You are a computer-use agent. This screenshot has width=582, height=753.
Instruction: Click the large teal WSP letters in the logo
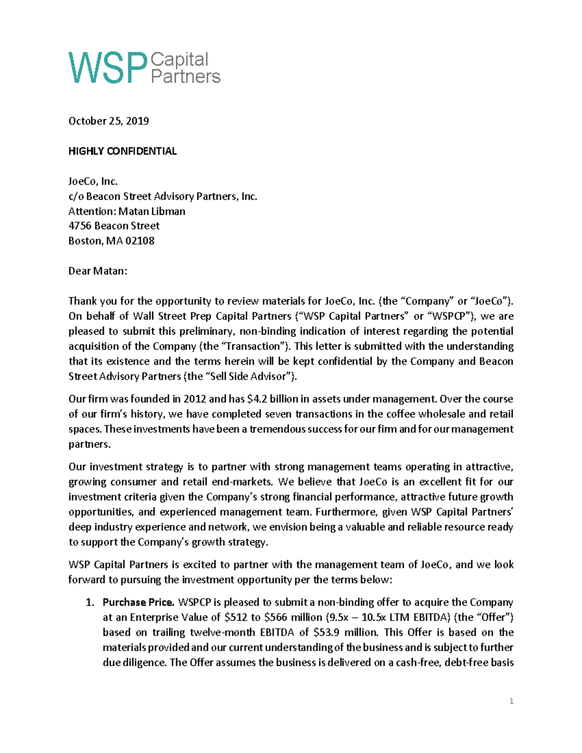point(108,68)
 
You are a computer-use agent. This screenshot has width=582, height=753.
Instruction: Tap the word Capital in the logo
point(179,60)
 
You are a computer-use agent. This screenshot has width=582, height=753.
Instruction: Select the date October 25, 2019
point(109,121)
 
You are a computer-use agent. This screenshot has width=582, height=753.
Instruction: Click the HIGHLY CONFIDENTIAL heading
point(122,151)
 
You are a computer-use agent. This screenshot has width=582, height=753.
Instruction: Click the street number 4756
point(80,225)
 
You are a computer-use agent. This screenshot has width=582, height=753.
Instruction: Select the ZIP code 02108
point(140,240)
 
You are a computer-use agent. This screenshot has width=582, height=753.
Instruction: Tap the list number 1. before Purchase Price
point(90,602)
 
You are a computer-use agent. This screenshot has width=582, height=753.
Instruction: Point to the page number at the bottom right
point(511,701)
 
